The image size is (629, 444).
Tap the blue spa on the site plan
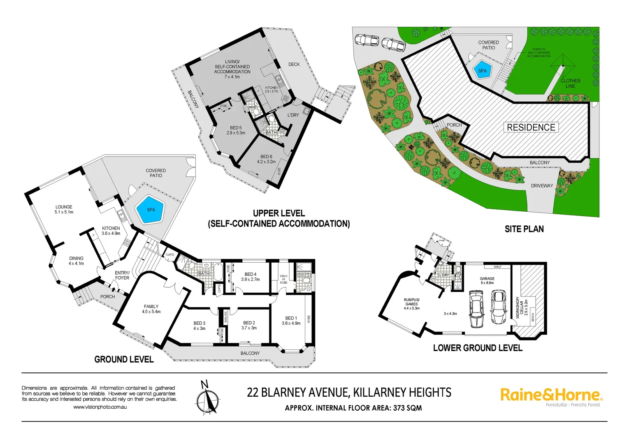click(x=482, y=71)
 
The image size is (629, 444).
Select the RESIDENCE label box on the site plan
click(x=531, y=127)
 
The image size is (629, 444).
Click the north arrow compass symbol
click(x=207, y=399)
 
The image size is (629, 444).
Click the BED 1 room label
click(x=291, y=321)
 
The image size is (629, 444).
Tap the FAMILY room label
click(x=151, y=309)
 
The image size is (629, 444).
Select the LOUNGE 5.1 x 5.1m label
click(x=64, y=210)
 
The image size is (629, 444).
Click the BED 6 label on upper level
click(x=266, y=159)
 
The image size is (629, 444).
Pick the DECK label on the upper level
click(x=294, y=65)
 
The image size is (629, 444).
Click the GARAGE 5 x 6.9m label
click(x=487, y=281)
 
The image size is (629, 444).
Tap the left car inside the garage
click(x=476, y=309)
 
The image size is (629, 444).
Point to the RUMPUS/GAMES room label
click(x=411, y=304)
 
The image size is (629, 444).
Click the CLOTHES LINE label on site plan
click(x=570, y=83)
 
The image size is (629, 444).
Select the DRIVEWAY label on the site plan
click(x=542, y=186)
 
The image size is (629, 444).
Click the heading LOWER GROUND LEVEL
click(x=478, y=348)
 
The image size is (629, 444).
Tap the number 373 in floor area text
click(x=399, y=408)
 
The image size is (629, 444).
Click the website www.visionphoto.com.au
click(x=100, y=407)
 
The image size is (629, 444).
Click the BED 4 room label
click(x=250, y=277)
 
